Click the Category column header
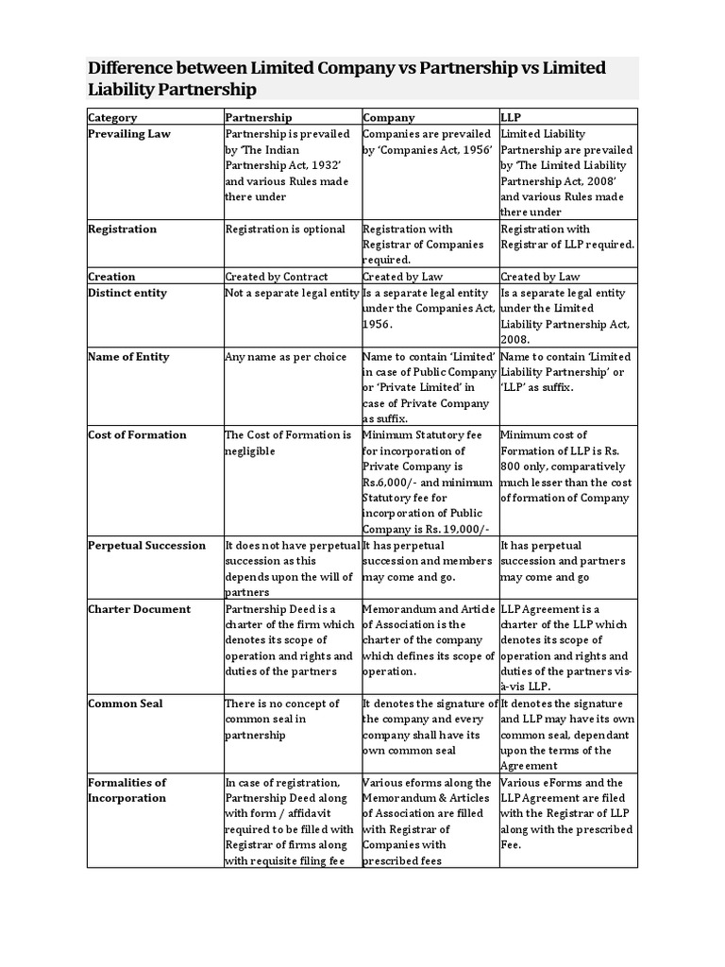tap(112, 118)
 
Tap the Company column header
tap(389, 118)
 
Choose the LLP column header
tap(512, 118)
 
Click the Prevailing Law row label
tap(129, 134)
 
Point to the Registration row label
tap(123, 229)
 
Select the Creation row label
tap(111, 277)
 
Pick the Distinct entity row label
tap(127, 293)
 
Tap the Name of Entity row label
tap(128, 357)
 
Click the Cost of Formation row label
tap(138, 435)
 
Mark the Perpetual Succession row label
tap(146, 546)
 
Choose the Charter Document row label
tap(139, 609)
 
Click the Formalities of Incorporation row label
tap(126, 790)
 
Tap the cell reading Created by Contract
tap(277, 277)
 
